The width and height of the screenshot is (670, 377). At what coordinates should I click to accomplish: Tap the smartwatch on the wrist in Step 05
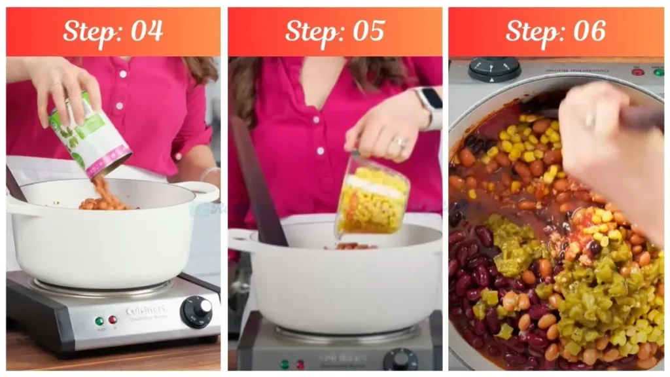[431, 100]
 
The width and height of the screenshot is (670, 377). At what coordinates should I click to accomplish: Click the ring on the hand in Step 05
[399, 143]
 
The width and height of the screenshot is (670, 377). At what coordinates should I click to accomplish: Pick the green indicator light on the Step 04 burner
[99, 321]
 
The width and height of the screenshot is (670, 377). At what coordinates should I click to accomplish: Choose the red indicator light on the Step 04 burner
[113, 319]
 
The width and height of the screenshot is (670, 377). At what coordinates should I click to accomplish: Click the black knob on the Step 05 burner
[399, 361]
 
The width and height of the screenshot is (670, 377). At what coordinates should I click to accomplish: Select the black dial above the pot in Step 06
[495, 67]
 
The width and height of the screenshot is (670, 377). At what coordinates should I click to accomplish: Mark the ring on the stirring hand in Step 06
[590, 120]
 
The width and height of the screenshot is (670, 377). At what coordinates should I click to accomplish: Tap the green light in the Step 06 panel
[658, 72]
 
